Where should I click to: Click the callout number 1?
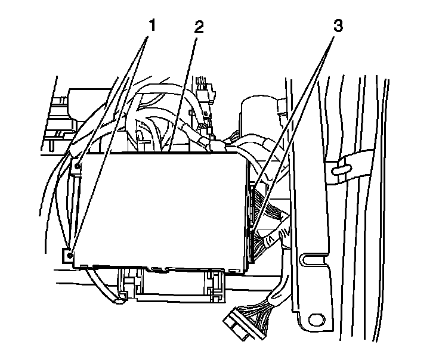coord(152,26)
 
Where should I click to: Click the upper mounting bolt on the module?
coord(78,160)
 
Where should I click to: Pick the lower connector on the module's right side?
coord(255,244)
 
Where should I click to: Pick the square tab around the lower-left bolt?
coord(67,255)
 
